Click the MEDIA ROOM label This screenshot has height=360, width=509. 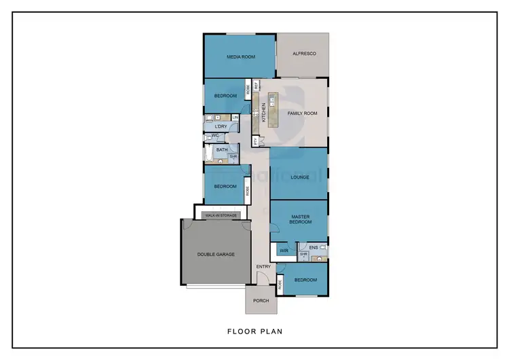point(240,57)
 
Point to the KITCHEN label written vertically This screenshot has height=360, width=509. point(264,111)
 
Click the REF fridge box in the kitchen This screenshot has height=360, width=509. point(257,86)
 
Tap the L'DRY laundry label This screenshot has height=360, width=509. point(221,127)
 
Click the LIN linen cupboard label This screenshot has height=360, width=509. point(235,118)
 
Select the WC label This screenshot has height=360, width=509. point(215,136)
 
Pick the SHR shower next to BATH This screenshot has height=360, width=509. point(233,156)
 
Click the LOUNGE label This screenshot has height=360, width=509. point(300,177)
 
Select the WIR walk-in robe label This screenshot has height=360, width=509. point(284,250)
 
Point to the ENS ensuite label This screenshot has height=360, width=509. point(313,248)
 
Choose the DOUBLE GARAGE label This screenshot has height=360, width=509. point(216,254)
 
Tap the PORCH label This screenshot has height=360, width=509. point(261,300)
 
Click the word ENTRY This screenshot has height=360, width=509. point(263,266)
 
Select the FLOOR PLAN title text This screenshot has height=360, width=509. point(254,332)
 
